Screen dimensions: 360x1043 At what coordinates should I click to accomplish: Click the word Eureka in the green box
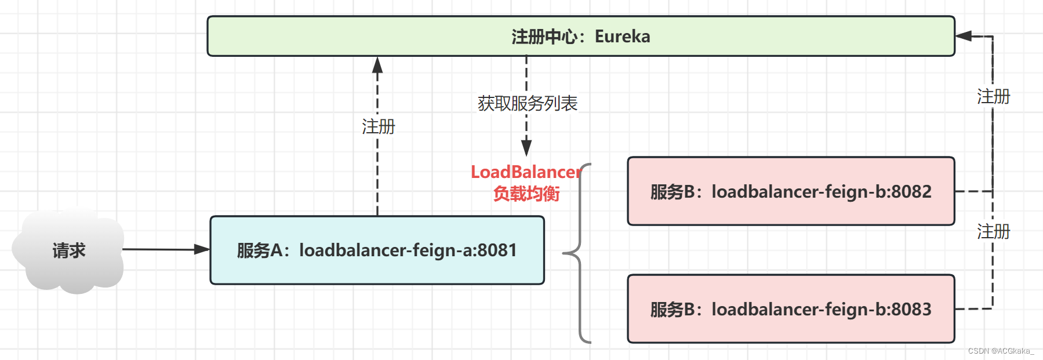tap(622, 37)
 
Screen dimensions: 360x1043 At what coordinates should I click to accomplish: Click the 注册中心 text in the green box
tap(544, 37)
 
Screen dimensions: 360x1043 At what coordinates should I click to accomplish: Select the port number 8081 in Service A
tap(497, 250)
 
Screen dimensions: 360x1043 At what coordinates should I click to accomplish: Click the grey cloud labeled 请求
tap(68, 250)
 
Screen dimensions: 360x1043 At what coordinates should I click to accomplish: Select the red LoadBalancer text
tap(525, 172)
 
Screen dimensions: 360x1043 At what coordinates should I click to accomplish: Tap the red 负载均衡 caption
tap(526, 194)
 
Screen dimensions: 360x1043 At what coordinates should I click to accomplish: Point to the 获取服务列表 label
tap(527, 104)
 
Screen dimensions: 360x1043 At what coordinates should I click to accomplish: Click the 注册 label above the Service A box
tap(378, 126)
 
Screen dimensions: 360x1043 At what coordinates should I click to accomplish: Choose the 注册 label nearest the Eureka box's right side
tap(993, 96)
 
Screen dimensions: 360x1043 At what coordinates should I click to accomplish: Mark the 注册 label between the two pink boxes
tap(993, 231)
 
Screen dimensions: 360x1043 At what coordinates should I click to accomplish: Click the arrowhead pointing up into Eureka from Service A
tap(377, 64)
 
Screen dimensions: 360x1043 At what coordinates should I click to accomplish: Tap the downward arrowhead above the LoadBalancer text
tap(526, 148)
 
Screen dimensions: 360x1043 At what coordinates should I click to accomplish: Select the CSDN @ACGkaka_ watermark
tap(1001, 351)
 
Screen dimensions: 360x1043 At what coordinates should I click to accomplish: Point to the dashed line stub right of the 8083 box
tap(973, 309)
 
